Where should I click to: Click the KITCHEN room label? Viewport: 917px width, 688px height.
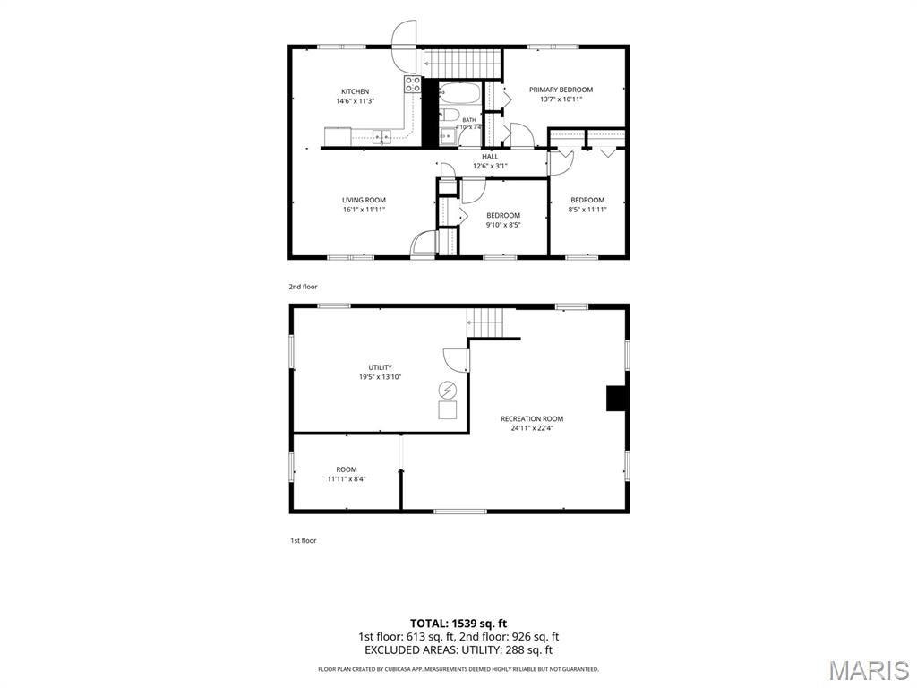pyautogui.click(x=355, y=91)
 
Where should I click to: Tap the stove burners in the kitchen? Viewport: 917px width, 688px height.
pyautogui.click(x=412, y=83)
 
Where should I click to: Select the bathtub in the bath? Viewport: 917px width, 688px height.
pyautogui.click(x=459, y=92)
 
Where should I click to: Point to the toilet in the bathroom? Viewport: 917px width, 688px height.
pyautogui.click(x=450, y=114)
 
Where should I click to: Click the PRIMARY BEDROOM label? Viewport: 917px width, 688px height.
pyautogui.click(x=561, y=90)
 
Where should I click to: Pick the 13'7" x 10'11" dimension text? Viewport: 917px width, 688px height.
pyautogui.click(x=561, y=99)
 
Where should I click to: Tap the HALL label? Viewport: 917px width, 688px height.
pyautogui.click(x=490, y=156)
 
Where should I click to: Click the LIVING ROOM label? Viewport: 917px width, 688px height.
pyautogui.click(x=364, y=200)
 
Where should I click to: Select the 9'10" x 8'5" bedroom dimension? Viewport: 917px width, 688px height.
pyautogui.click(x=503, y=225)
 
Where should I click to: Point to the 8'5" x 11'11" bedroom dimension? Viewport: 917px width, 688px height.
pyautogui.click(x=587, y=210)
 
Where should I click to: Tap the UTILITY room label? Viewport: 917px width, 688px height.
pyautogui.click(x=380, y=367)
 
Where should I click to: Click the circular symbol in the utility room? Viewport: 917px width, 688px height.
pyautogui.click(x=448, y=391)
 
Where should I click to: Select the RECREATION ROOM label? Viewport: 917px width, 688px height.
pyautogui.click(x=532, y=419)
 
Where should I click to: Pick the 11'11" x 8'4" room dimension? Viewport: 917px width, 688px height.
pyautogui.click(x=347, y=478)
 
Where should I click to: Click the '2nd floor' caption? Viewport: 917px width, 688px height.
pyautogui.click(x=303, y=287)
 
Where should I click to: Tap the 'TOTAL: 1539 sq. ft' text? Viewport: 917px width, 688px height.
pyautogui.click(x=458, y=623)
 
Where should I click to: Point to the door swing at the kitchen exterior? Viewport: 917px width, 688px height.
pyautogui.click(x=404, y=46)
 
